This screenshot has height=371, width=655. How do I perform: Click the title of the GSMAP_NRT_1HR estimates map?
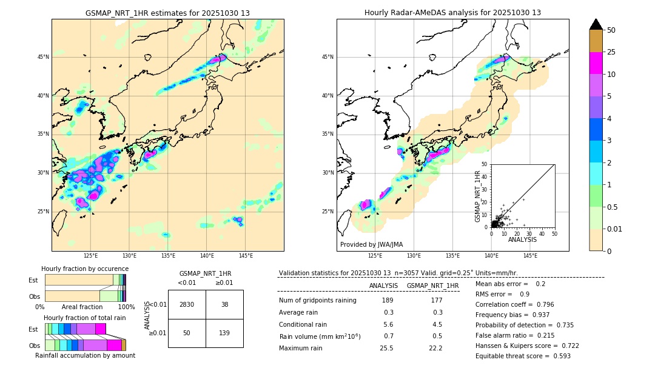point(167,13)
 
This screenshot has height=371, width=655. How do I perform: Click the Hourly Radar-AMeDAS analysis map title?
point(452,13)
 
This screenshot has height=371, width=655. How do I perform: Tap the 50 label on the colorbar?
point(611,30)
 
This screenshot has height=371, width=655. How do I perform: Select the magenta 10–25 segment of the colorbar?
point(596,63)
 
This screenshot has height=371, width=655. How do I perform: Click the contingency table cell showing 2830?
point(187,304)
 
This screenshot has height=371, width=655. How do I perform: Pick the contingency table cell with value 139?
point(224,333)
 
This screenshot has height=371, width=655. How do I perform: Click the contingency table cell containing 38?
point(224,304)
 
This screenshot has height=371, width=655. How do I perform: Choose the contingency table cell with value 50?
point(187,333)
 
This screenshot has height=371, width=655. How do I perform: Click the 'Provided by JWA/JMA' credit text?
point(371,245)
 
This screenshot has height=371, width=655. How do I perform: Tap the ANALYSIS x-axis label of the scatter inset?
point(522,239)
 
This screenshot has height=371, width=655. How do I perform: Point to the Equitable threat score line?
point(523,356)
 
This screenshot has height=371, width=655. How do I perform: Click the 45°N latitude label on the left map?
point(43,58)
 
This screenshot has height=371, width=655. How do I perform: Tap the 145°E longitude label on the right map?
point(530,256)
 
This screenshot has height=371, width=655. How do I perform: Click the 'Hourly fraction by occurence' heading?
point(85,269)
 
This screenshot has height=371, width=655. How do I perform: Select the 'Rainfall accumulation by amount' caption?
point(85,355)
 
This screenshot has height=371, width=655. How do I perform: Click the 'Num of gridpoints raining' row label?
point(317,301)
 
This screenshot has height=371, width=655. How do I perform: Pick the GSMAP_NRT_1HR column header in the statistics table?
point(432,286)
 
